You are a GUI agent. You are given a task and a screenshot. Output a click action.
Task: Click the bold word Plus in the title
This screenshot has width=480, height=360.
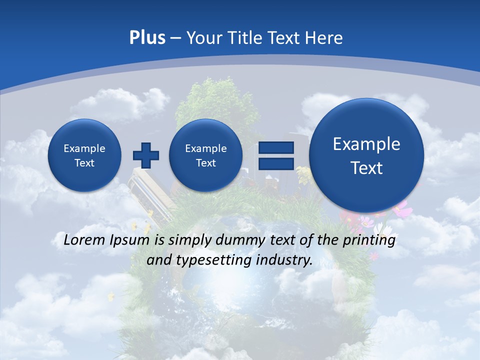tap(147, 38)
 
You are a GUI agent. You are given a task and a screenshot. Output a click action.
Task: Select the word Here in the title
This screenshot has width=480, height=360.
tap(324, 38)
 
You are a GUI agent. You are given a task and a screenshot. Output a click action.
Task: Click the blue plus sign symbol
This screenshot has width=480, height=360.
tap(146, 155)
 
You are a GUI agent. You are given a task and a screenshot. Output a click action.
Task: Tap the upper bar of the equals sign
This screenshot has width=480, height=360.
tap(275, 147)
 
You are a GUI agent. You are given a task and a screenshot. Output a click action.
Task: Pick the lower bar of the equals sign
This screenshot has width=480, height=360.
tap(275, 163)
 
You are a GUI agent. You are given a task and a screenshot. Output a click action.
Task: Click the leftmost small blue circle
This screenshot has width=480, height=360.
tap(84, 155)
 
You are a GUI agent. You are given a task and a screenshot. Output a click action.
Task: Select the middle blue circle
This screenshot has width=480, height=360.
tap(205, 155)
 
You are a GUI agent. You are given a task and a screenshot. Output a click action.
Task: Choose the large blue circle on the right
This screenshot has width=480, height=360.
tap(366, 155)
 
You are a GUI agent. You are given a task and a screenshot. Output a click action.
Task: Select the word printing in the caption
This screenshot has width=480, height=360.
tap(369, 240)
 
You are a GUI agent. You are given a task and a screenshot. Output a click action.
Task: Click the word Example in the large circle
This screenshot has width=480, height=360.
tap(366, 144)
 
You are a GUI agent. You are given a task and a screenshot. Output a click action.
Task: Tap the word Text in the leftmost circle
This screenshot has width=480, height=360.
tap(84, 163)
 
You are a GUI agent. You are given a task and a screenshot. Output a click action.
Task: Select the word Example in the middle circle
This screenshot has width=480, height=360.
tap(205, 148)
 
